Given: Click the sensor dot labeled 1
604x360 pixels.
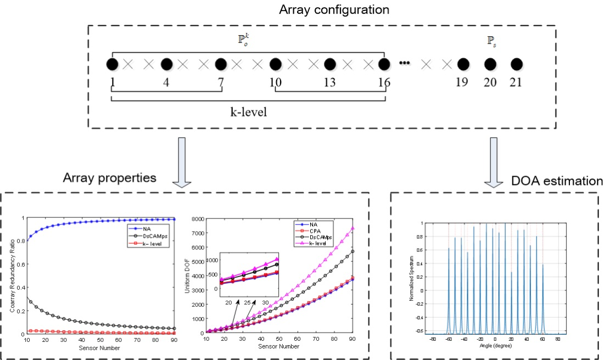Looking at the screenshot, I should [x=112, y=64].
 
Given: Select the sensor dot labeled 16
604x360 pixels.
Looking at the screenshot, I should [x=384, y=64].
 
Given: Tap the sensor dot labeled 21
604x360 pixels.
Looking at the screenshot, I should [x=516, y=64].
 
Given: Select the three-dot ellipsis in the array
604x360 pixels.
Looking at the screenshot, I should [x=405, y=64].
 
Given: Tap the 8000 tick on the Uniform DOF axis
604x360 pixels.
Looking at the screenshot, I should [x=197, y=218].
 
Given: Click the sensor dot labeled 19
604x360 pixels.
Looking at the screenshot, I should [x=463, y=64].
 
